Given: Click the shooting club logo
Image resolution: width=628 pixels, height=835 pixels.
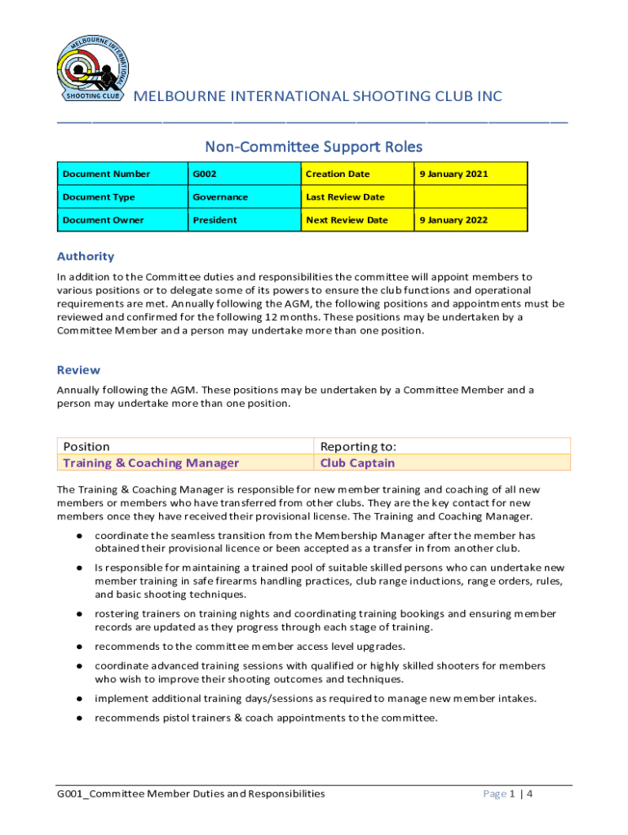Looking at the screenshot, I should (x=91, y=68).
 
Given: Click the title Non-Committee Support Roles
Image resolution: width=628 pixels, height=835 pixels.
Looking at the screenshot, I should (x=314, y=147).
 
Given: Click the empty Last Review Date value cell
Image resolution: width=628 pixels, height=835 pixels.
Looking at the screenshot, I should (x=470, y=197).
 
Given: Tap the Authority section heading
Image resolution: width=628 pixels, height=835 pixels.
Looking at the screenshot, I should (x=85, y=256).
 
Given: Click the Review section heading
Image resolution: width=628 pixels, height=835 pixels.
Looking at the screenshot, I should (x=78, y=369).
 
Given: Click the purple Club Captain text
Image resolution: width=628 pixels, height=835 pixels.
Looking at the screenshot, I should (x=357, y=463).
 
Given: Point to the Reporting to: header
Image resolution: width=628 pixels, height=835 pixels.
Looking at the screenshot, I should (x=358, y=446).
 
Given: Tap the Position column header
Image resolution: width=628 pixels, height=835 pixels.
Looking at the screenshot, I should (x=86, y=446).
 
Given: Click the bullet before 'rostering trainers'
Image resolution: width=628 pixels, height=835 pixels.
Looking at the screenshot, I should (x=79, y=613).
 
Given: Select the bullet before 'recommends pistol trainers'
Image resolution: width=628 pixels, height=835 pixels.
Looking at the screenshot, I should (x=79, y=718).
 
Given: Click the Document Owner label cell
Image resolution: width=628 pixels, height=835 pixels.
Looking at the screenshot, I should (x=103, y=219).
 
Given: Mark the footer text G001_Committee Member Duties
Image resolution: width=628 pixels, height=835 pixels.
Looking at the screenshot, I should (x=191, y=793).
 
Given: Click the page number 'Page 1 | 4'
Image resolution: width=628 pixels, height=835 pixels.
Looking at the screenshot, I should (x=509, y=793).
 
